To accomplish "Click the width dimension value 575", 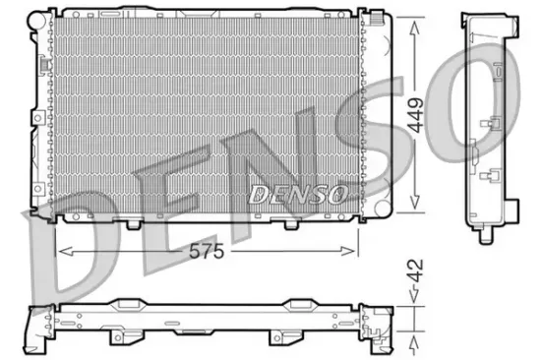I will (208, 251).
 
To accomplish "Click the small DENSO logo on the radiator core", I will (297, 194).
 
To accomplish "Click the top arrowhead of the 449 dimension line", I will (418, 23).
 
